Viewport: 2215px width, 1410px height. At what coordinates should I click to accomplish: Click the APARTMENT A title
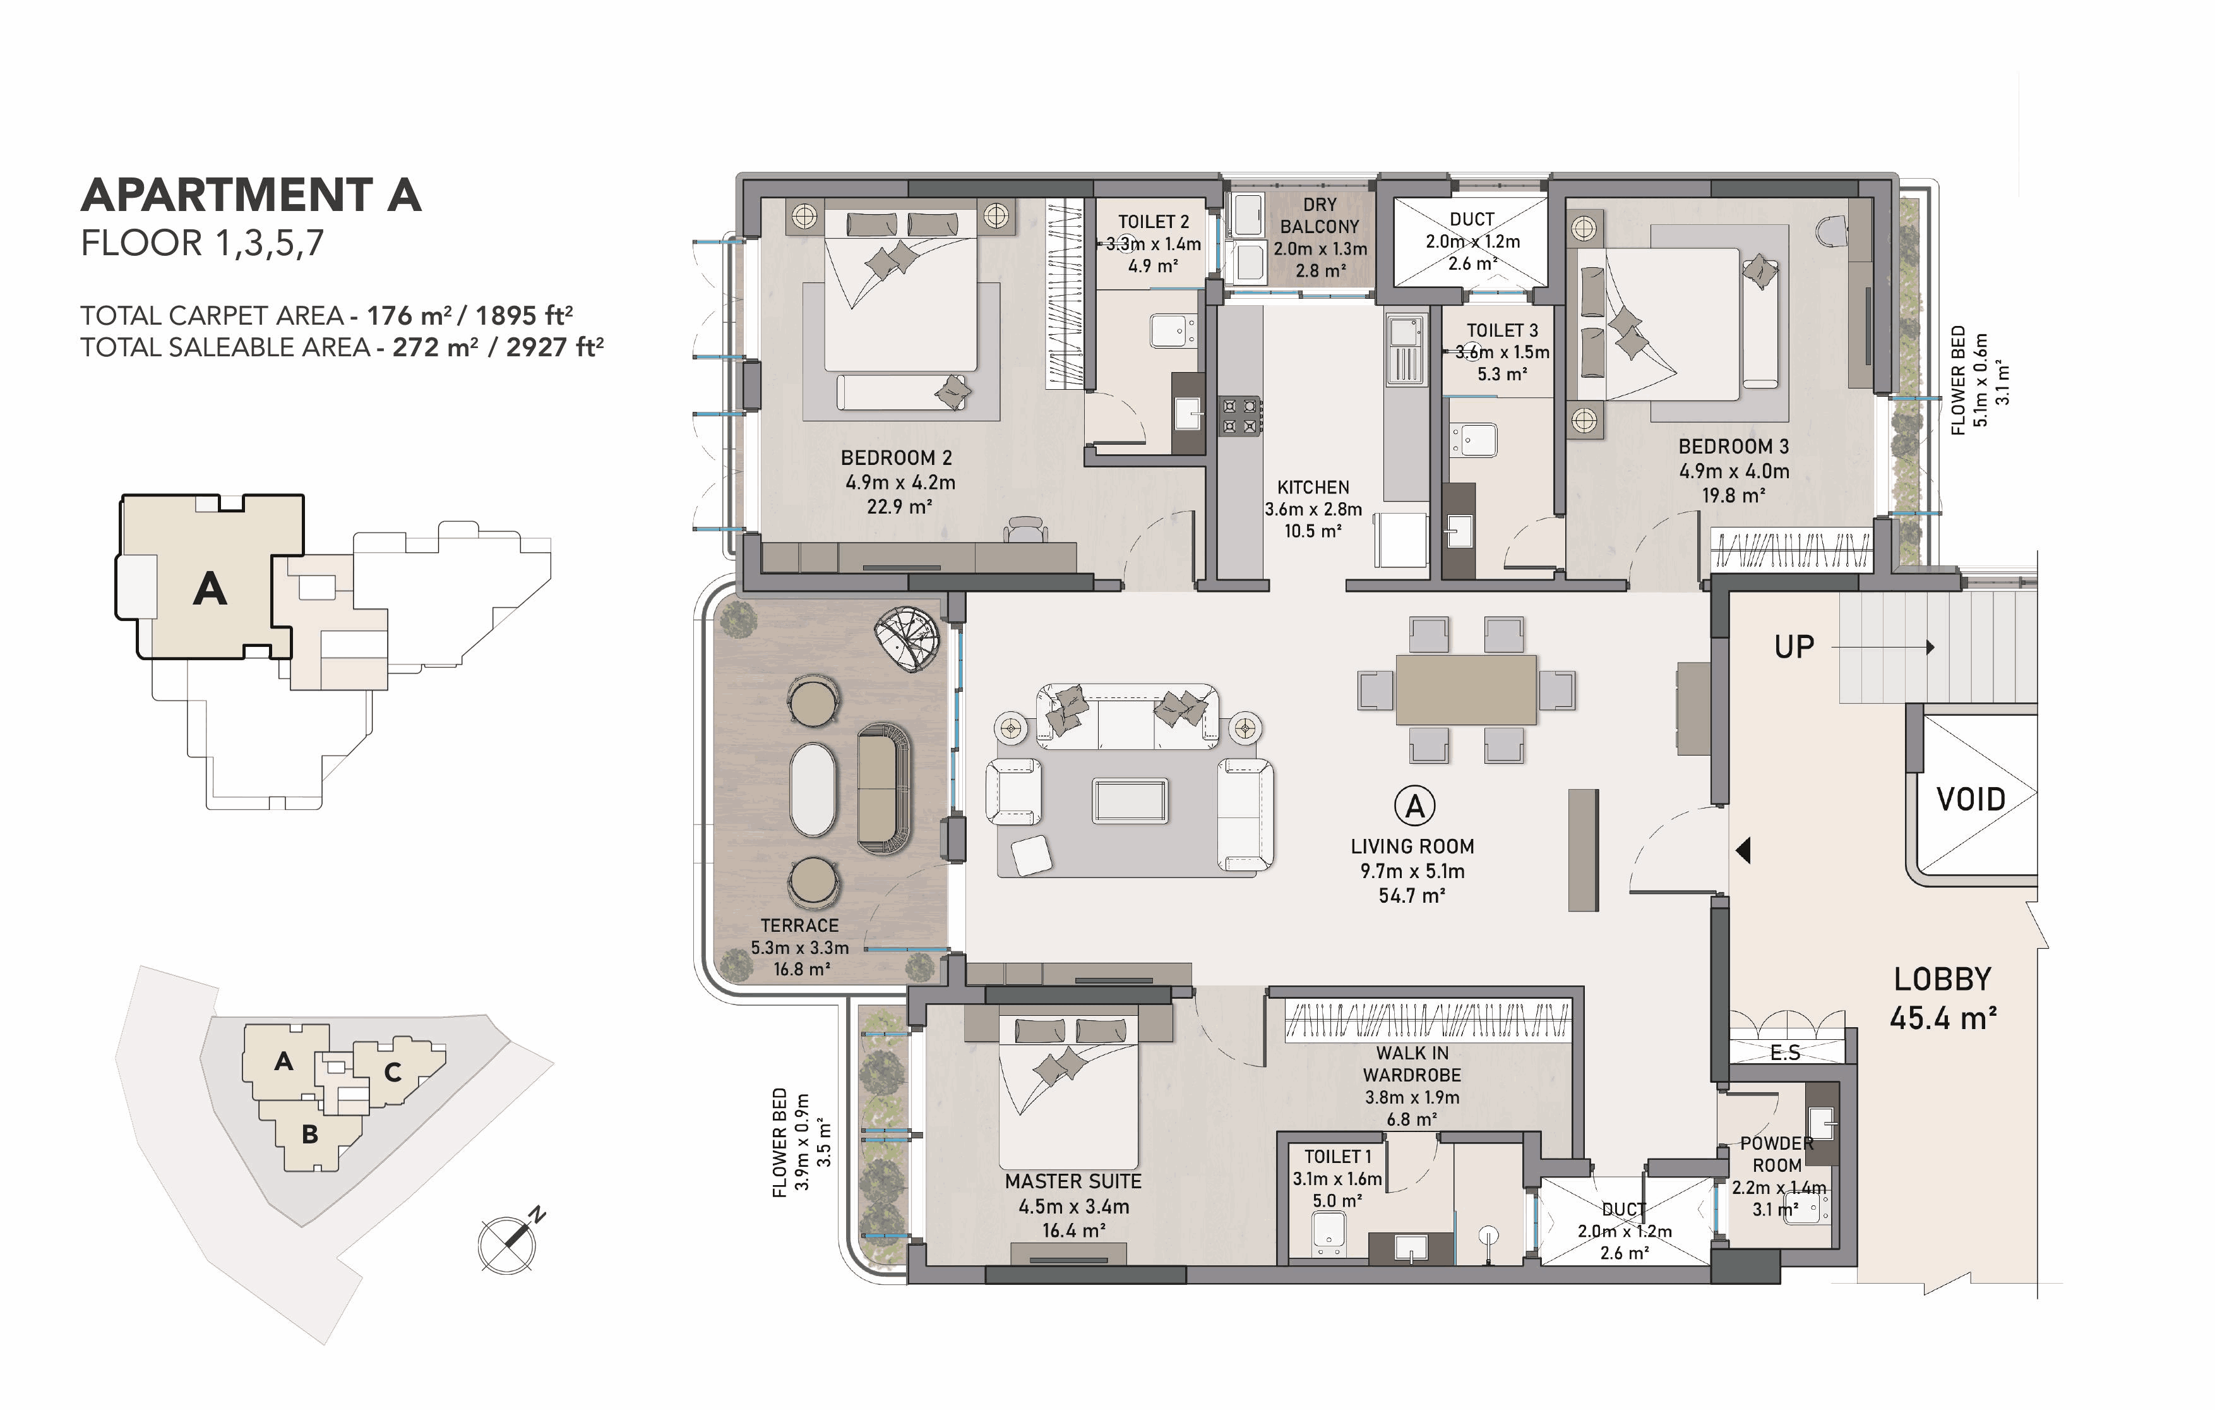click(251, 195)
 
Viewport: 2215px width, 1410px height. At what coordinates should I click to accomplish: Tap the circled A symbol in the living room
click(1415, 805)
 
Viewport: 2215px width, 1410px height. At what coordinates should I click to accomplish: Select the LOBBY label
click(1942, 979)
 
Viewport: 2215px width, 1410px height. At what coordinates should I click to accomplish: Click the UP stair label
click(1794, 647)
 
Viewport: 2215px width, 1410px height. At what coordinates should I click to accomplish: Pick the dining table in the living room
click(1466, 689)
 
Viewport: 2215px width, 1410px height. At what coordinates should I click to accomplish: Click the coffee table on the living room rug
click(1130, 801)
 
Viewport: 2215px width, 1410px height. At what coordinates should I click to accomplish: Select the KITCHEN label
click(1313, 487)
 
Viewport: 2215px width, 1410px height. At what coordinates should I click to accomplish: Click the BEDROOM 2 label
click(896, 457)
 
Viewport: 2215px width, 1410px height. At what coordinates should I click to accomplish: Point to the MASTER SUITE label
click(1073, 1181)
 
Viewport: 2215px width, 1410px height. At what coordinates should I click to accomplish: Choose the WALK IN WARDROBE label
click(1412, 1064)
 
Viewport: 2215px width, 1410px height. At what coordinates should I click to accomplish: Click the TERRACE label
click(799, 925)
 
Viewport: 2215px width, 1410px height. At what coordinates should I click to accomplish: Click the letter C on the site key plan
click(393, 1072)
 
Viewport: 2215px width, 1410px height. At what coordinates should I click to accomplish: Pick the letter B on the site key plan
click(310, 1134)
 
